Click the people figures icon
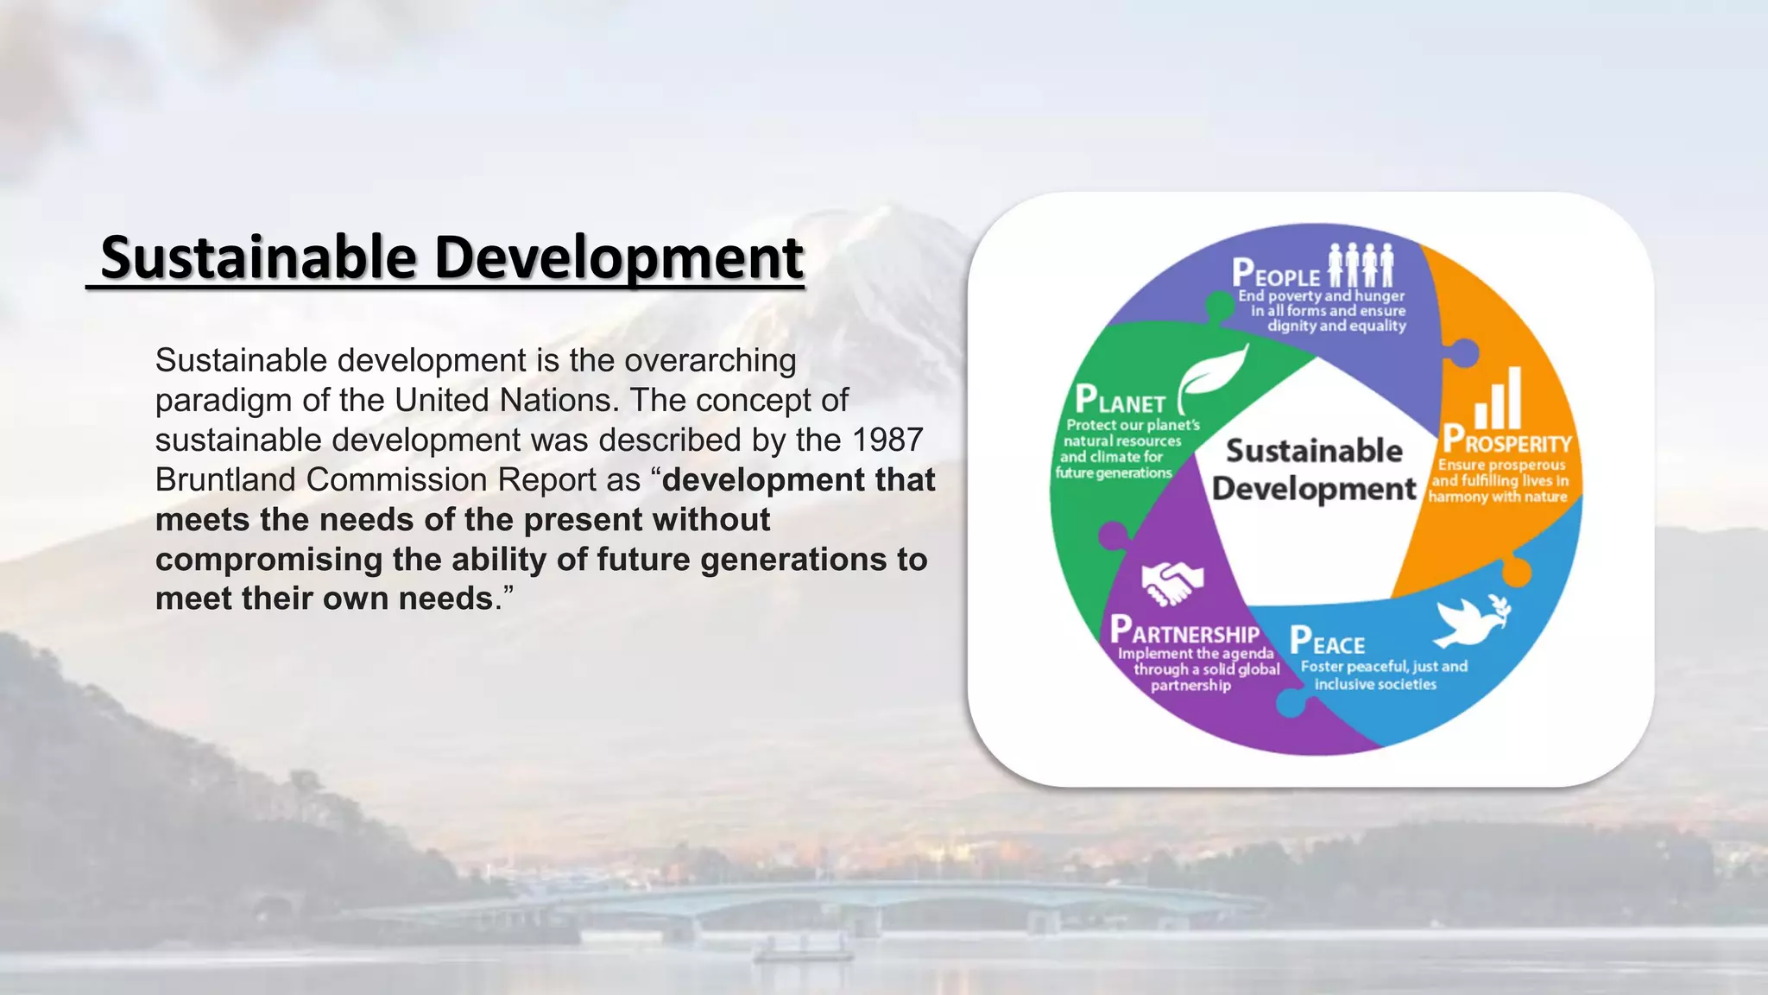(x=1361, y=264)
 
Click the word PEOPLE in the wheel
(x=1276, y=274)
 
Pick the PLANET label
(x=1120, y=401)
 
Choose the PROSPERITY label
(x=1507, y=440)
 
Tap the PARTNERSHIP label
(x=1184, y=631)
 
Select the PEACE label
(x=1327, y=642)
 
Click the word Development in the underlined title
(x=619, y=257)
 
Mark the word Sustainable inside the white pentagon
(x=1314, y=451)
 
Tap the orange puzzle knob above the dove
(x=1516, y=572)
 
